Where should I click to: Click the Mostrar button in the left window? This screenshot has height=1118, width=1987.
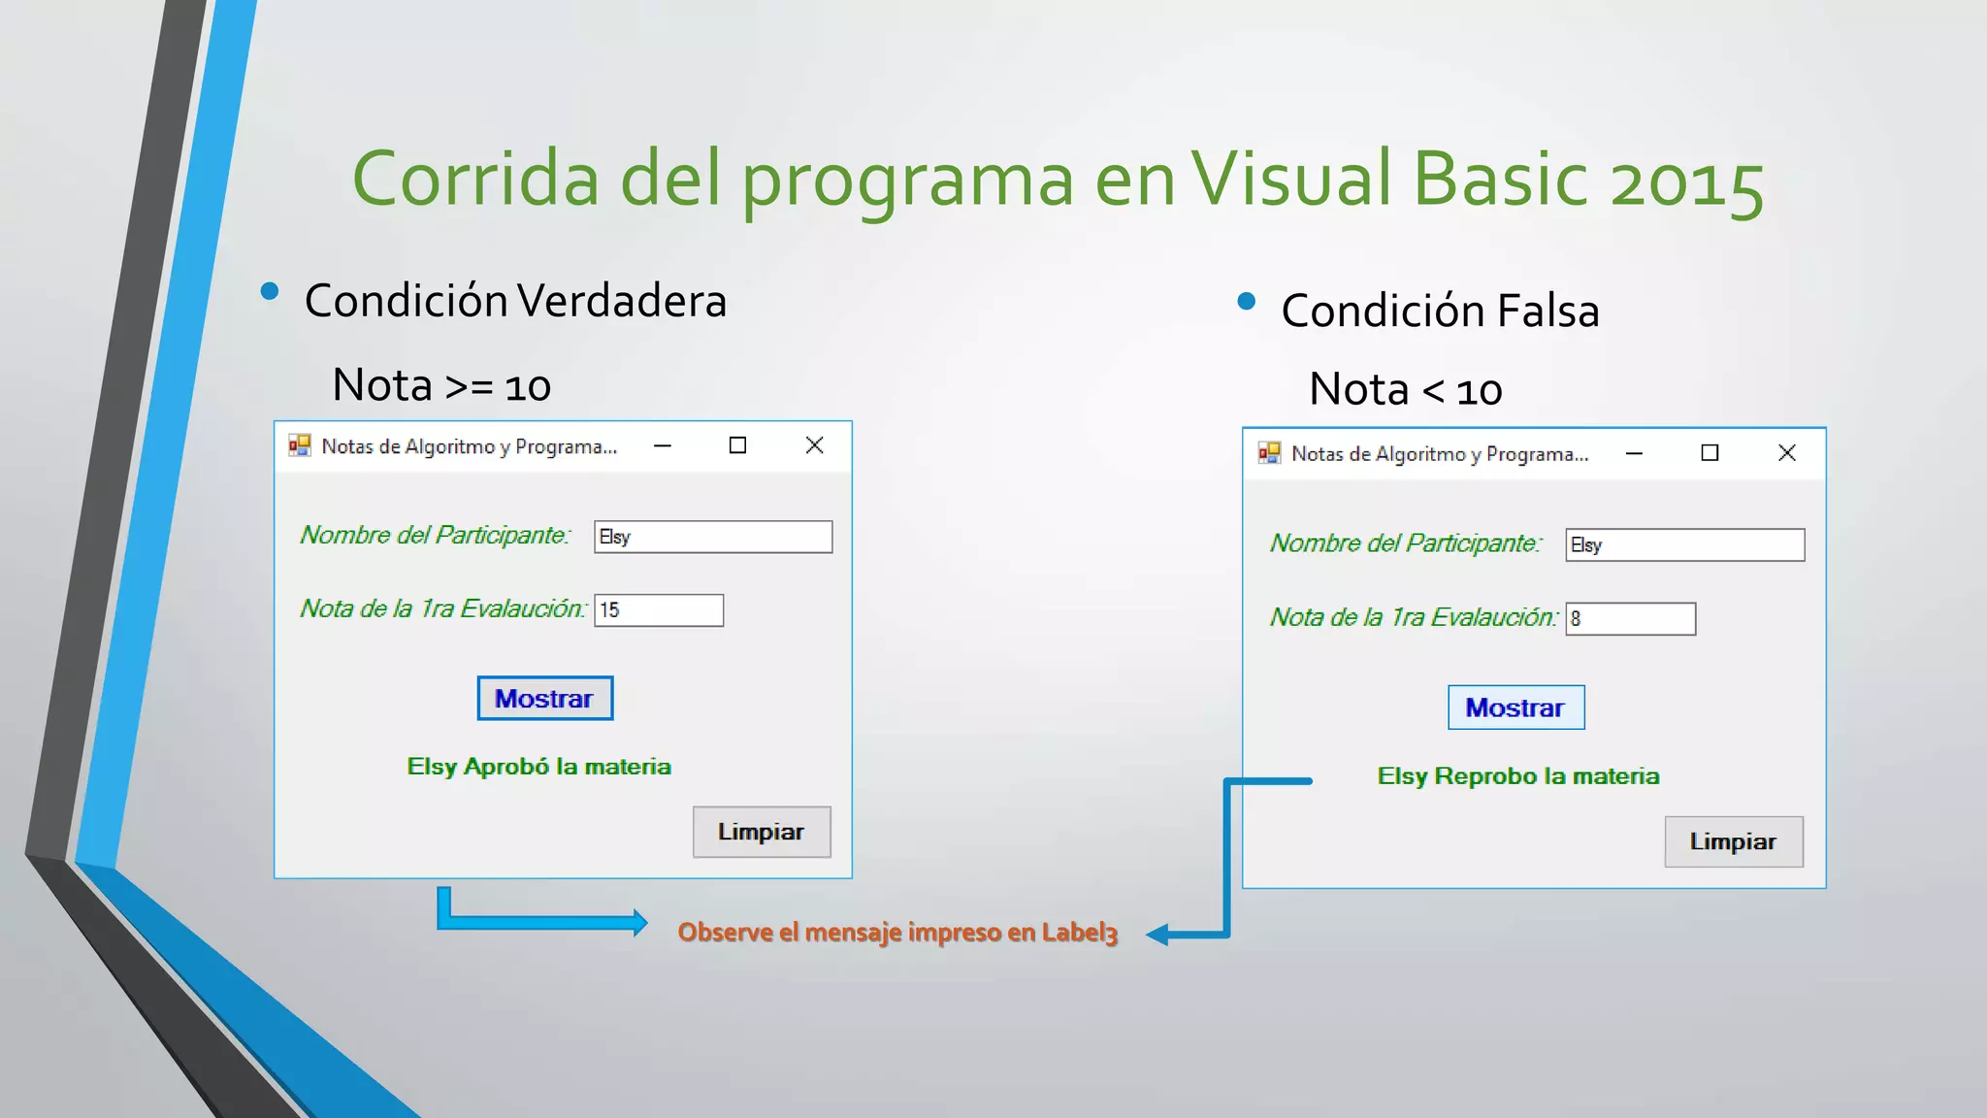click(x=544, y=698)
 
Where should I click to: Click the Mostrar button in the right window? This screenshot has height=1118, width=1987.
click(x=1515, y=707)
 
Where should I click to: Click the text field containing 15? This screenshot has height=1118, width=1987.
click(x=659, y=610)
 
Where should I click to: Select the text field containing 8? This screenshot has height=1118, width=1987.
click(x=1630, y=619)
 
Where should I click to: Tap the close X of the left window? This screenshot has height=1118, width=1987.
click(x=814, y=445)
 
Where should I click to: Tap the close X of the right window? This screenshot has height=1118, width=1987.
click(x=1786, y=453)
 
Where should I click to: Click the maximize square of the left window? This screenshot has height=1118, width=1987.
click(x=737, y=445)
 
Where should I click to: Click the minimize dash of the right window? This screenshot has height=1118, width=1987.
click(x=1634, y=453)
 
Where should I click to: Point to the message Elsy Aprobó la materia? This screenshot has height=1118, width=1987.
click(x=538, y=767)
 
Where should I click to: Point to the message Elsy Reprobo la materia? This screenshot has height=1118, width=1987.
click(x=1517, y=776)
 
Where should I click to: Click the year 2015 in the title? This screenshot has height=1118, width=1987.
click(x=1685, y=181)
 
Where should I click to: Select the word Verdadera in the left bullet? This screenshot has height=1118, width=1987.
click(x=621, y=301)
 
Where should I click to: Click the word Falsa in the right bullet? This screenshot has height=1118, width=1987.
click(x=1547, y=312)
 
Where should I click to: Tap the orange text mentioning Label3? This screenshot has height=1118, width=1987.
click(x=897, y=933)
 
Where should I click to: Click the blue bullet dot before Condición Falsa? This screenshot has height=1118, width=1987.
click(x=1247, y=302)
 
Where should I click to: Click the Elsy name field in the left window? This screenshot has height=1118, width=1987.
click(x=712, y=537)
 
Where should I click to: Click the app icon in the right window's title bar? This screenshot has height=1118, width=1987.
click(x=1269, y=453)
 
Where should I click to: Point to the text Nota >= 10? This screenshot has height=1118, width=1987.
click(x=441, y=386)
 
